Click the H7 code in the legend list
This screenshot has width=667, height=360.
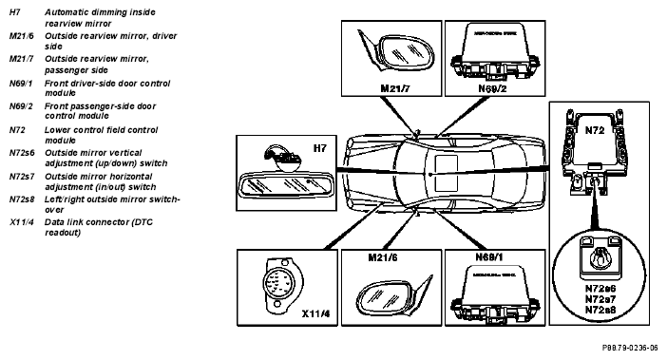point(15,12)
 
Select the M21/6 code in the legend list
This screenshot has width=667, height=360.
point(21,36)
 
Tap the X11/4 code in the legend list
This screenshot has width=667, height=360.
point(21,222)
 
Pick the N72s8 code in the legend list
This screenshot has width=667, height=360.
point(22,199)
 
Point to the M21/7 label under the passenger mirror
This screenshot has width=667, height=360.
point(395,88)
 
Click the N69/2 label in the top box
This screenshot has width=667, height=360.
point(492,88)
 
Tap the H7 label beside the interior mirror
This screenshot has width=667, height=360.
point(320,148)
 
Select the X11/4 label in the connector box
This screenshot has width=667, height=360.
point(315,314)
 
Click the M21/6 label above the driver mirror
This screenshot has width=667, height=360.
point(383,257)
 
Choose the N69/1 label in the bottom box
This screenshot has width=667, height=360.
point(489,257)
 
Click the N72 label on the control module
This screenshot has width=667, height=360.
point(595,130)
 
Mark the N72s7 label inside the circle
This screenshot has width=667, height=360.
point(600,299)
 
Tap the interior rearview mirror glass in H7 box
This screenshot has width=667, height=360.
point(284,185)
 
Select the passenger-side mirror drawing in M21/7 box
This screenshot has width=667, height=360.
point(396,53)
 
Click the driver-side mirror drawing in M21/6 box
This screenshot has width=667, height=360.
point(393,295)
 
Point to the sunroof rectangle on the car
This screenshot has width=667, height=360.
point(447,173)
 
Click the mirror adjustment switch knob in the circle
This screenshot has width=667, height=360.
point(600,256)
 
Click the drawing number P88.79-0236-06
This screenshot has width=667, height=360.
point(630,348)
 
